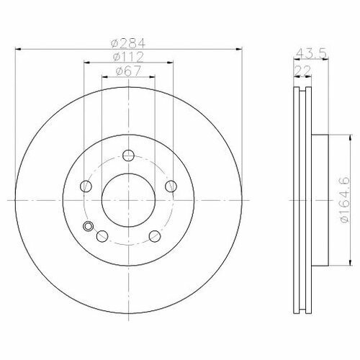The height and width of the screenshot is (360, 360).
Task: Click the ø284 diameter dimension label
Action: (x=128, y=43)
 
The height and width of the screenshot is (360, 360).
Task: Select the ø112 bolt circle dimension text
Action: (x=128, y=57)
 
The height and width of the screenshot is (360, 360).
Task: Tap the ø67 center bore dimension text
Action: (x=128, y=71)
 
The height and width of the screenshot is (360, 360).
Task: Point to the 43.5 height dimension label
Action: (x=311, y=53)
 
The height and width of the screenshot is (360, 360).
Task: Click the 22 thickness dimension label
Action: (x=302, y=71)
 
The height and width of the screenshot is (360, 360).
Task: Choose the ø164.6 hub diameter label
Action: (x=345, y=200)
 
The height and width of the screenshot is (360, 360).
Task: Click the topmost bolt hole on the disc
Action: (x=128, y=156)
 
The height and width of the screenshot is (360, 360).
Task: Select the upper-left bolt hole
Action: (x=86, y=186)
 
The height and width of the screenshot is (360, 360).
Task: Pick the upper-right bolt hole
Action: (x=171, y=186)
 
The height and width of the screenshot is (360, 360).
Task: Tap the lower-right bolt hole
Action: (x=155, y=236)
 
